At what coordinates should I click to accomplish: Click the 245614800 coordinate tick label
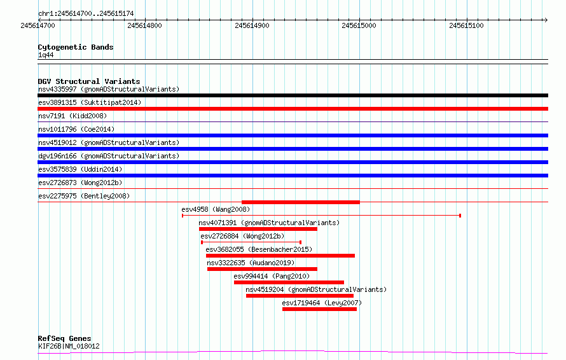pos(145,25)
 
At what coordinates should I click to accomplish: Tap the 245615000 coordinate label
pos(359,25)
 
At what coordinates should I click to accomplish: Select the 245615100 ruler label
pos(466,25)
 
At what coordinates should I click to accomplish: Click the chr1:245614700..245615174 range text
pos(86,14)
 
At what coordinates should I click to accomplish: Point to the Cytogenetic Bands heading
pos(76,47)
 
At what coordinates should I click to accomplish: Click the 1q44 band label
pos(46,55)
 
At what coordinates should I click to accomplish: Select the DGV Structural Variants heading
pos(89,81)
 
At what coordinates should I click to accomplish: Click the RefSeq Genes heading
pos(64,338)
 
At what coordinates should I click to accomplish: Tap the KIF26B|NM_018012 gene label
pos(69,346)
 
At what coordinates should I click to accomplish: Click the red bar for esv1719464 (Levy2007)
pos(319,309)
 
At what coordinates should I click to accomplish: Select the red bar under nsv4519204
pos(300,296)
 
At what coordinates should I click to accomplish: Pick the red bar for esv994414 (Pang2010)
pos(289,282)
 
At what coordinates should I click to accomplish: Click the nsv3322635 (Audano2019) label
pos(251,263)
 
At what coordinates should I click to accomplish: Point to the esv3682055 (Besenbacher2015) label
pos(259,249)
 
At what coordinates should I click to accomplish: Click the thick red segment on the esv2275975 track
pos(301,202)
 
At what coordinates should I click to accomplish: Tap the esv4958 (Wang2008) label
pos(216,209)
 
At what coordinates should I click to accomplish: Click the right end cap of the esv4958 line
pos(460,216)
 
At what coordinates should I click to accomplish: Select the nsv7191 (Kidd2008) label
pos(72,116)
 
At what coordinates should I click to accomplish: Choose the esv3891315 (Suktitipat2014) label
pos(90,102)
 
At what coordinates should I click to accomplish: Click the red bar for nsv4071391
pos(258,229)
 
